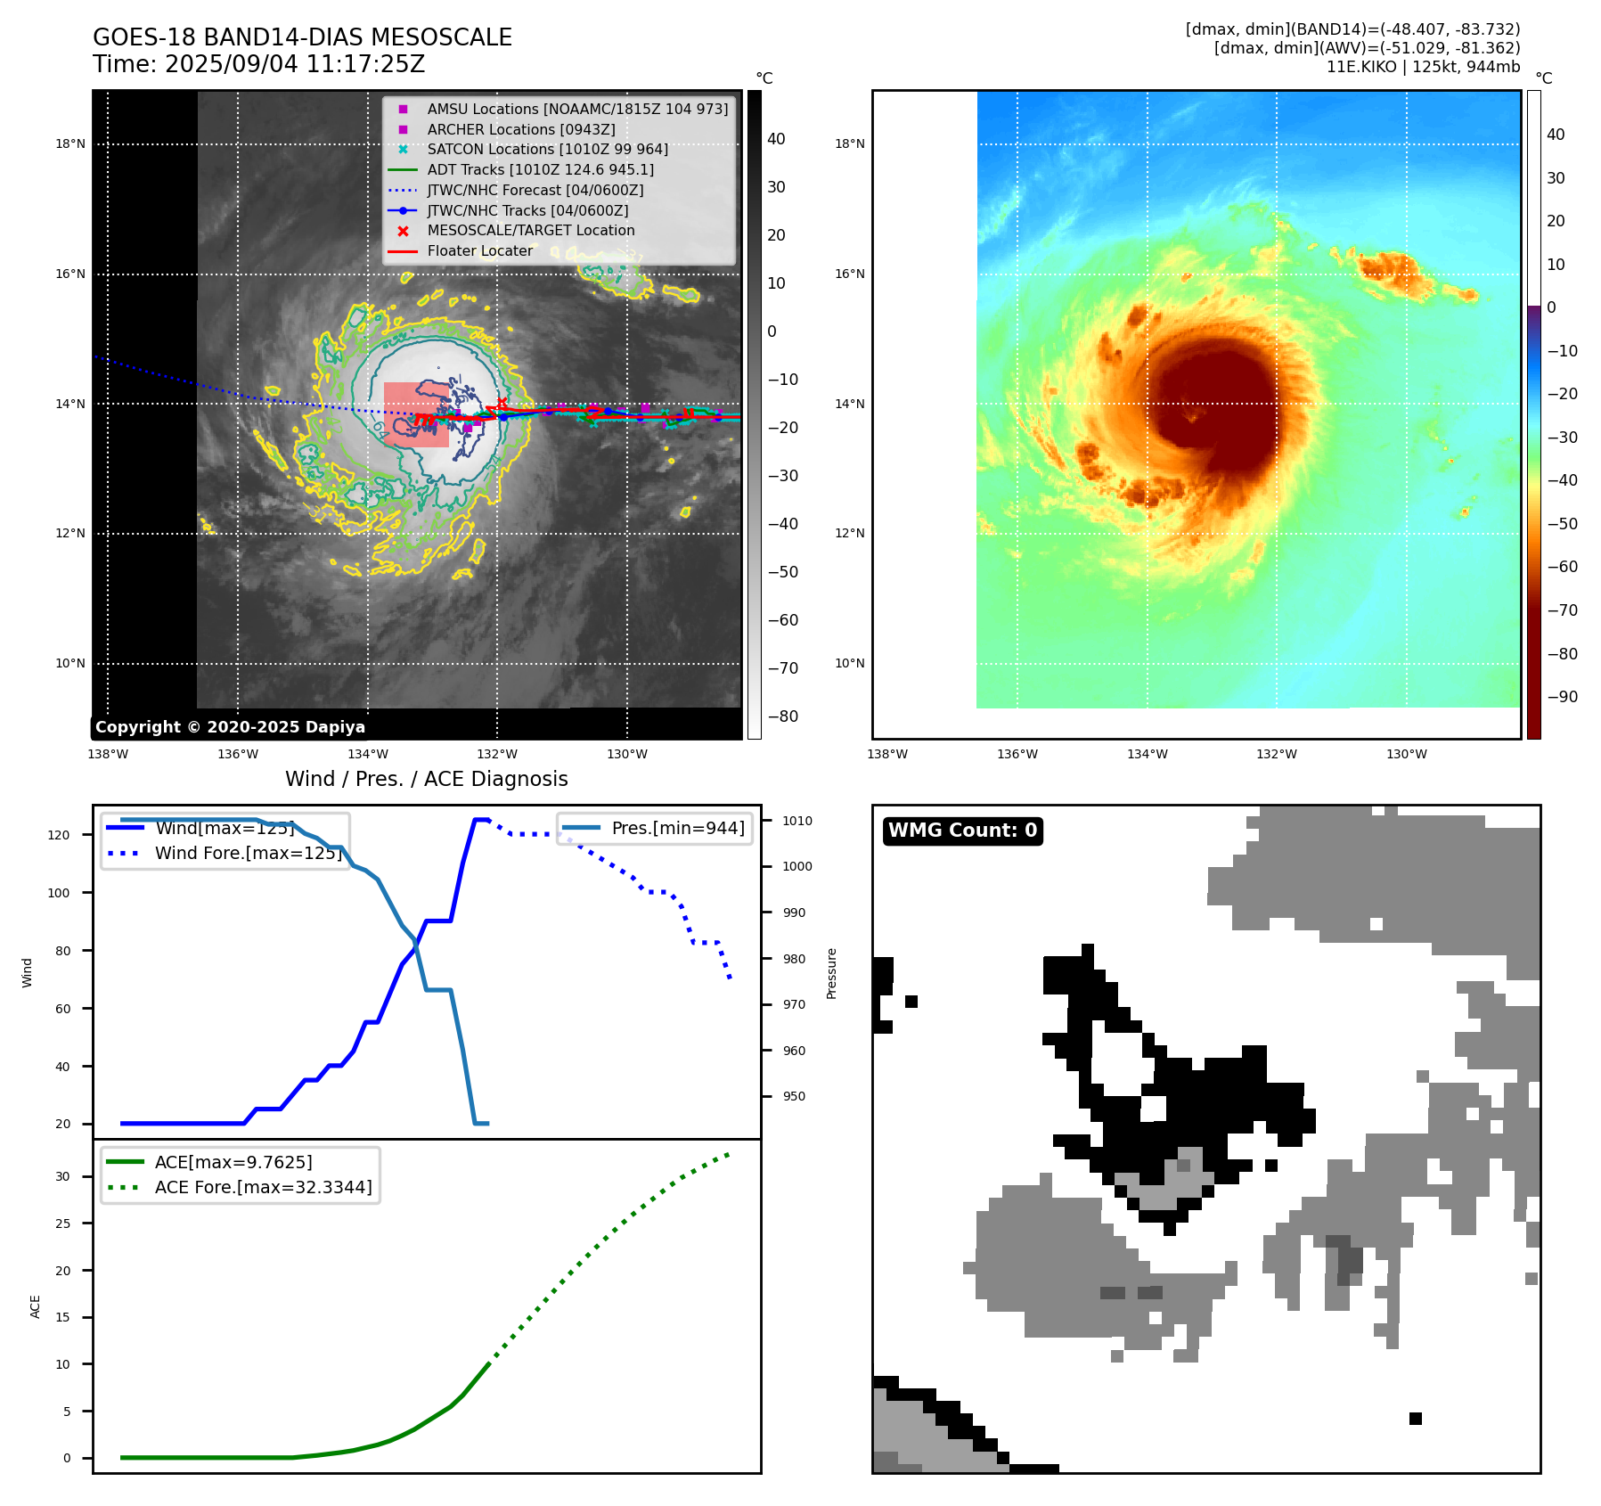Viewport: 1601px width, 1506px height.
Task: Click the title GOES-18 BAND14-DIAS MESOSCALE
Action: [302, 37]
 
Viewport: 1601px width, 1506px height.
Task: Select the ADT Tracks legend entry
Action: [540, 169]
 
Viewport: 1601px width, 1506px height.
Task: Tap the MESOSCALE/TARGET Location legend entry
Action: [530, 231]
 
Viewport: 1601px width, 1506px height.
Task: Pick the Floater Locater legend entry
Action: [479, 251]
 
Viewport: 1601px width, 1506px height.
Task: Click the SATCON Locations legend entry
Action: [547, 150]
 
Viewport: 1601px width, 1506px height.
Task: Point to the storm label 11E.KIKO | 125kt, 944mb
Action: [1423, 67]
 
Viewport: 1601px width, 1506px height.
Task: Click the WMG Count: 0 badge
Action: [962, 831]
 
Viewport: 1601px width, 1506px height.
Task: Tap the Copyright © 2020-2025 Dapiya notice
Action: [230, 727]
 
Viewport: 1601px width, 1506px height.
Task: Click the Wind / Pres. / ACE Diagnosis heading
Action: [426, 779]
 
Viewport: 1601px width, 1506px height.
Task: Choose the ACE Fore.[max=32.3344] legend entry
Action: [263, 1187]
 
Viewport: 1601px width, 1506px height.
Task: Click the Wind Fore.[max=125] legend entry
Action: [248, 853]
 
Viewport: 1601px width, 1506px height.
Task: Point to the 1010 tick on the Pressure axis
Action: [797, 821]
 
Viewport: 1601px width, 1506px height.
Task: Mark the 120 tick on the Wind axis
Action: [59, 835]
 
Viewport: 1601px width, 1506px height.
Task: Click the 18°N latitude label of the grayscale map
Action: [70, 144]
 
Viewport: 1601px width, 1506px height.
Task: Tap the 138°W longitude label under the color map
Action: [887, 755]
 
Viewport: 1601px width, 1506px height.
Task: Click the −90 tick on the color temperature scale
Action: [1562, 697]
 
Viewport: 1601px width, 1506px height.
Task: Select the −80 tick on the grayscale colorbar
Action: [783, 716]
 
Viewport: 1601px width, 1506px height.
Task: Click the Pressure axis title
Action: [832, 973]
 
